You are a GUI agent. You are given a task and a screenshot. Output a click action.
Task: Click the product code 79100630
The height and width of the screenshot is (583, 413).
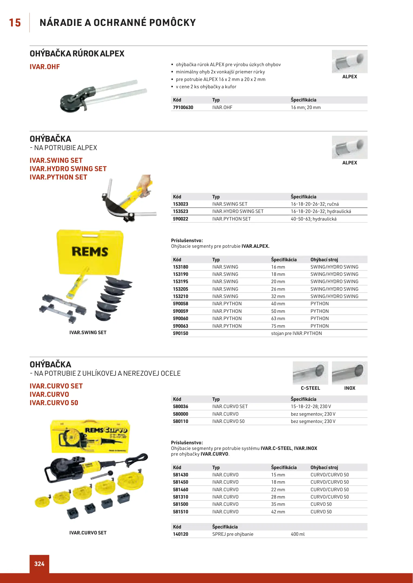click(183, 107)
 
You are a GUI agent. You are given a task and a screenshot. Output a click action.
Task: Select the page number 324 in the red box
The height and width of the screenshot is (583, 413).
click(39, 564)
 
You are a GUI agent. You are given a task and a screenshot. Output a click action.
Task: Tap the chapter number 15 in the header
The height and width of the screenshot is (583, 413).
click(15, 23)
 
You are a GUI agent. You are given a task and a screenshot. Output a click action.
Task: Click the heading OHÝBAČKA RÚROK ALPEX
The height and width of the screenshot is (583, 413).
click(77, 54)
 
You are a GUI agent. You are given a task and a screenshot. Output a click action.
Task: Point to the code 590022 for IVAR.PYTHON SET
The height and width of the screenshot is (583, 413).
click(180, 219)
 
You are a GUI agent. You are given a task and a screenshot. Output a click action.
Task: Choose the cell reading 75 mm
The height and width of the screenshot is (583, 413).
click(278, 326)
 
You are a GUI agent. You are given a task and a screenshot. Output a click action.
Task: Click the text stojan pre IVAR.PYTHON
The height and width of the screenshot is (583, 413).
click(296, 333)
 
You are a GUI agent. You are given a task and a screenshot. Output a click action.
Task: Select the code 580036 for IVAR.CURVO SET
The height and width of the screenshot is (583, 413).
click(180, 406)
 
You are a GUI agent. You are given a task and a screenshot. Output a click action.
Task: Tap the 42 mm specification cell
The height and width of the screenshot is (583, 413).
click(278, 512)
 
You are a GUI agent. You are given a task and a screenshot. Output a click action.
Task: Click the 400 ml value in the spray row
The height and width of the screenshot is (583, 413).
click(298, 534)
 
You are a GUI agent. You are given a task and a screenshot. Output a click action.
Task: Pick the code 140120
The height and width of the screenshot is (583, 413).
click(180, 534)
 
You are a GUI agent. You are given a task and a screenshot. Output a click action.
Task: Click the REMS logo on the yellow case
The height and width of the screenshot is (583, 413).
click(90, 252)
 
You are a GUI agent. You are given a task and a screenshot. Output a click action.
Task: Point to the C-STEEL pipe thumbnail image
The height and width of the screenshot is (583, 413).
click(310, 373)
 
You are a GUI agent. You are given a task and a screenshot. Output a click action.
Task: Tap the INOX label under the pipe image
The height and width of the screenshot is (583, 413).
click(350, 388)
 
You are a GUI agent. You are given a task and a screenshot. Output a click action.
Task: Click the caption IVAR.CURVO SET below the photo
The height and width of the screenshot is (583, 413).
click(88, 533)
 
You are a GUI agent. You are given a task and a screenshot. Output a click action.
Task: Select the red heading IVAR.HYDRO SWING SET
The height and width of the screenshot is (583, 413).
click(68, 169)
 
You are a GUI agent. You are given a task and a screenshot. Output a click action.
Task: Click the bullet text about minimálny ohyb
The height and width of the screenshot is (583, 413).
click(220, 72)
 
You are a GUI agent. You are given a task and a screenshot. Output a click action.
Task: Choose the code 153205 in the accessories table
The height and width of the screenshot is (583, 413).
click(180, 289)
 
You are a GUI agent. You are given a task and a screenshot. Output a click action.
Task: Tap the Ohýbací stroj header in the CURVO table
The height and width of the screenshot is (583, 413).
click(324, 467)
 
